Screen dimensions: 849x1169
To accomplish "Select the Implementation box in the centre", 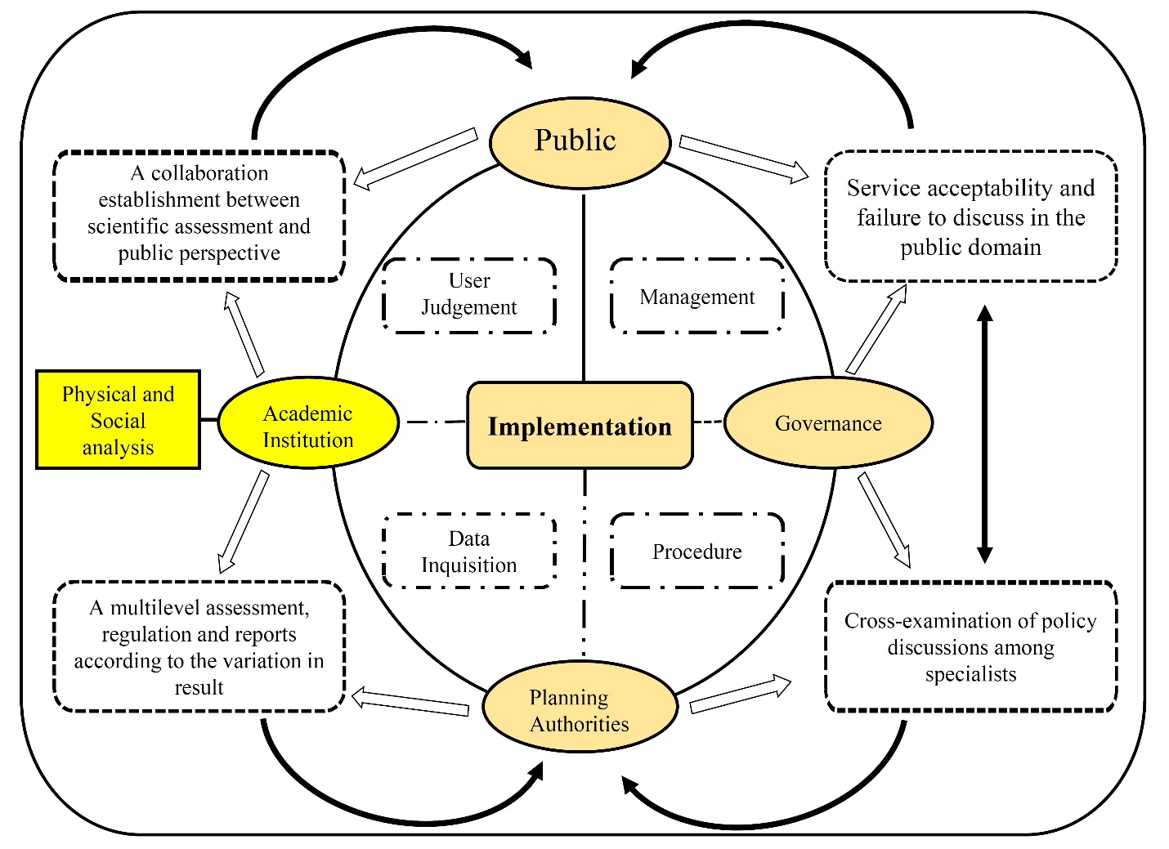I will click(580, 426).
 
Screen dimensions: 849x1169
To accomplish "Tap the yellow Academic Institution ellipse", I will click(308, 423).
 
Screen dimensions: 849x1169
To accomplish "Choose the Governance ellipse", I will click(828, 422).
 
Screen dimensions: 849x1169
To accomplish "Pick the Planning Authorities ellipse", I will click(580, 708).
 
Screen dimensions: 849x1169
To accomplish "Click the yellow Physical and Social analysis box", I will click(119, 420).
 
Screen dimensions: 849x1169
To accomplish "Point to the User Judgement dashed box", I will click(469, 296).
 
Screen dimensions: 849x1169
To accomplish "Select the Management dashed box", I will click(697, 297).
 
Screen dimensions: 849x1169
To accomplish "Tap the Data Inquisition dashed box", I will click(469, 552).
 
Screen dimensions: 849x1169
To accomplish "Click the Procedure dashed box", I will click(697, 552).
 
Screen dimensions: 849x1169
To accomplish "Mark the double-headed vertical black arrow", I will click(984, 434).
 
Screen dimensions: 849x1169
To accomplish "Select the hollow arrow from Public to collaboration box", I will click(415, 158).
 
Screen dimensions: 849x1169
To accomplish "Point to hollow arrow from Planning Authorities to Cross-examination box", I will click(740, 694).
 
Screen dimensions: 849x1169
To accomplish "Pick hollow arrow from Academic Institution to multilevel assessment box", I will click(244, 521).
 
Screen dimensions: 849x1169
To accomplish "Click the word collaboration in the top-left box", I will click(209, 173).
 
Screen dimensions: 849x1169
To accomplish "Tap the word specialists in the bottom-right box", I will click(970, 674).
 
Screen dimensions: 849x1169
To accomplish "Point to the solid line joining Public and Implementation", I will click(584, 286).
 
